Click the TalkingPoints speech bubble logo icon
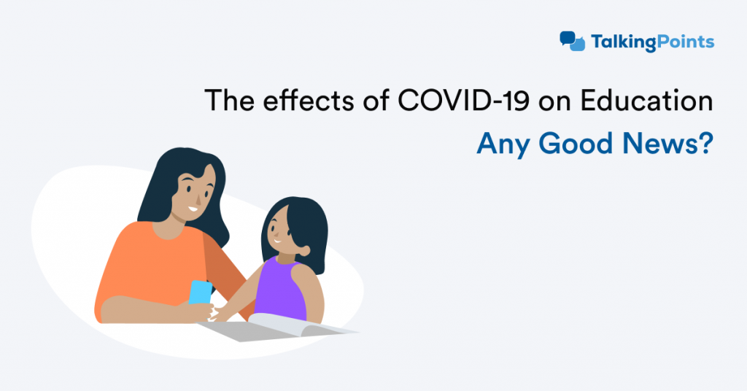[572, 41]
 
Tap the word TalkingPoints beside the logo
[652, 42]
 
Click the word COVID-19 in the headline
[463, 100]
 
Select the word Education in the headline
[646, 100]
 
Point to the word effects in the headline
[308, 100]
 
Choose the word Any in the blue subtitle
[503, 144]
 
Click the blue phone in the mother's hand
[200, 292]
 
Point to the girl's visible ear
[303, 250]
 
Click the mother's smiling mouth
[193, 209]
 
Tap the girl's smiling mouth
[276, 241]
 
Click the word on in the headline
[555, 102]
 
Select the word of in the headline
[376, 100]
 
